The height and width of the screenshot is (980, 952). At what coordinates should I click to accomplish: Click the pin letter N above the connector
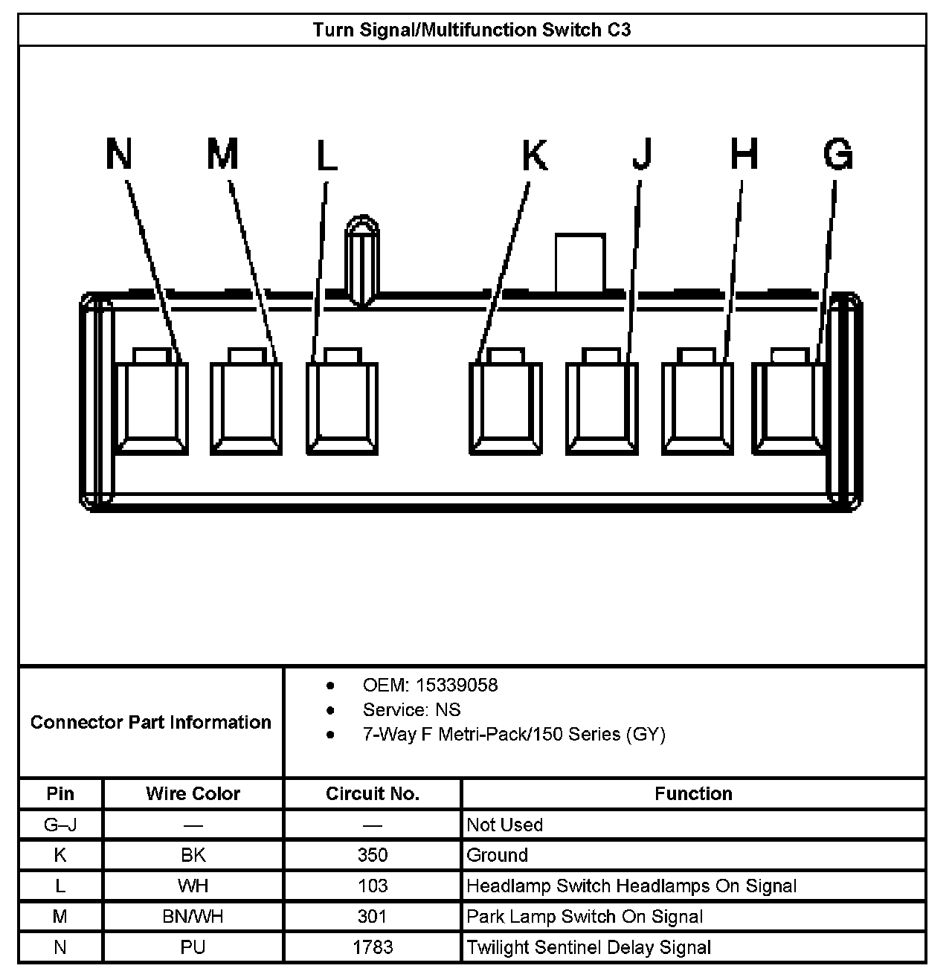119,154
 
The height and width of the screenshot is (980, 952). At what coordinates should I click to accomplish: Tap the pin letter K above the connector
534,155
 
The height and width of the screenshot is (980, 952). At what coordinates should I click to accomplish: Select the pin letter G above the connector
837,155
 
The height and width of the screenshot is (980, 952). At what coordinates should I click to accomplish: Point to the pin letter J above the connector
641,155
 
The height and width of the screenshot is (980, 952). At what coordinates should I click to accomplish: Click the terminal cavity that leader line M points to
246,405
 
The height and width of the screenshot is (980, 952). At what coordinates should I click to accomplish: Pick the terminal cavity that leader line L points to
342,405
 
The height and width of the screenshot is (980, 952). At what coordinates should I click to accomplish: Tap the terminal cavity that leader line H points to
697,405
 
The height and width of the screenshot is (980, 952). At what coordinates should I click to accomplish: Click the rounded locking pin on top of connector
361,260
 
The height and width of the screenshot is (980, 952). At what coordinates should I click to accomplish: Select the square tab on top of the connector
579,262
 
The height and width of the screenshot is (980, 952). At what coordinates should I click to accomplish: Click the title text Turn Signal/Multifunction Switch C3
472,30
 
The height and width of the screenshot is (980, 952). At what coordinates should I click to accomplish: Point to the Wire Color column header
193,793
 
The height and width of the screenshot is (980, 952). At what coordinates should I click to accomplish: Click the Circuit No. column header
372,793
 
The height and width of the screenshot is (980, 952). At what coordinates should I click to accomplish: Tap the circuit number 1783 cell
372,947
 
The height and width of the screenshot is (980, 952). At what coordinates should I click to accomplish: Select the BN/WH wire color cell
193,917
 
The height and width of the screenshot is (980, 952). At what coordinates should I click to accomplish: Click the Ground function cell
497,855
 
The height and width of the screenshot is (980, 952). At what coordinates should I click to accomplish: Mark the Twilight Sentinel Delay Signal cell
588,947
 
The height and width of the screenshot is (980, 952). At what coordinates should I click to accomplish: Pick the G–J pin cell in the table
60,825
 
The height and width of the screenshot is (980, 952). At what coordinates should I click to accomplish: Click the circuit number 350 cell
372,855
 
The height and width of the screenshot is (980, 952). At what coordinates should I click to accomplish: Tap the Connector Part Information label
150,722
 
